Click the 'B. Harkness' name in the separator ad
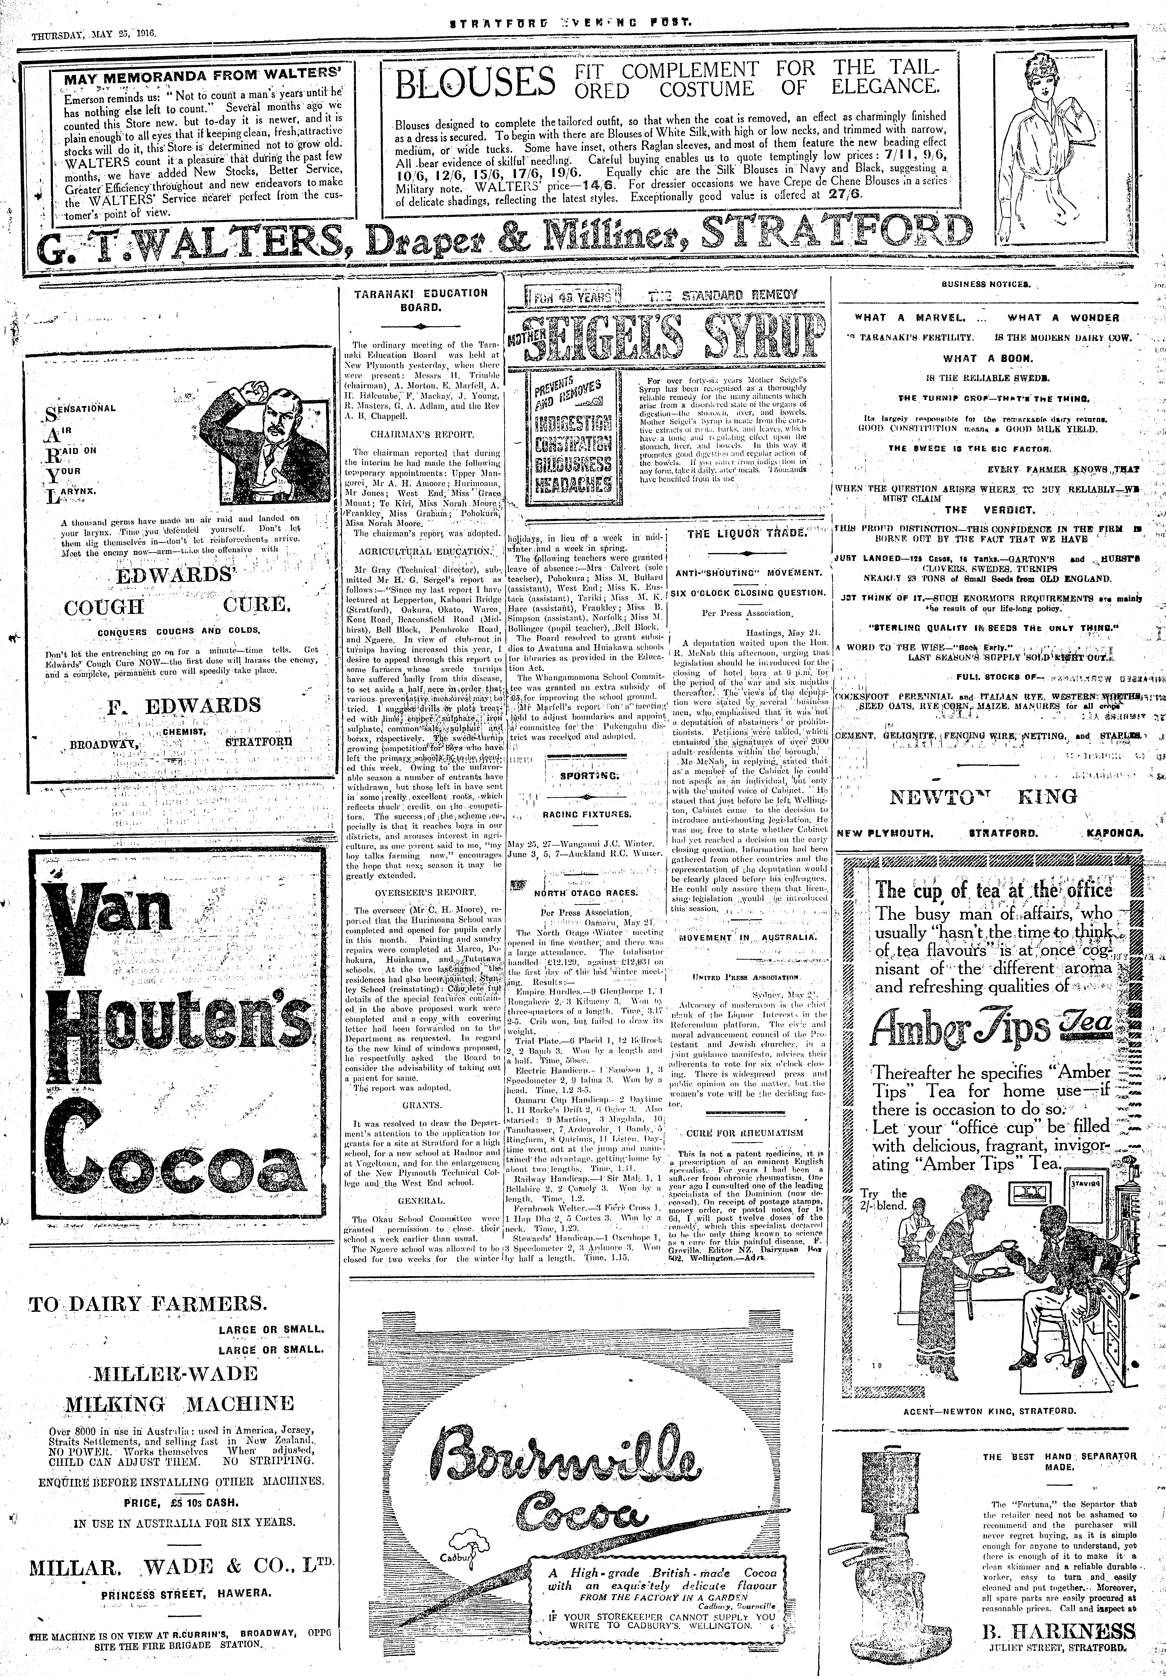click(x=1057, y=1646)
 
